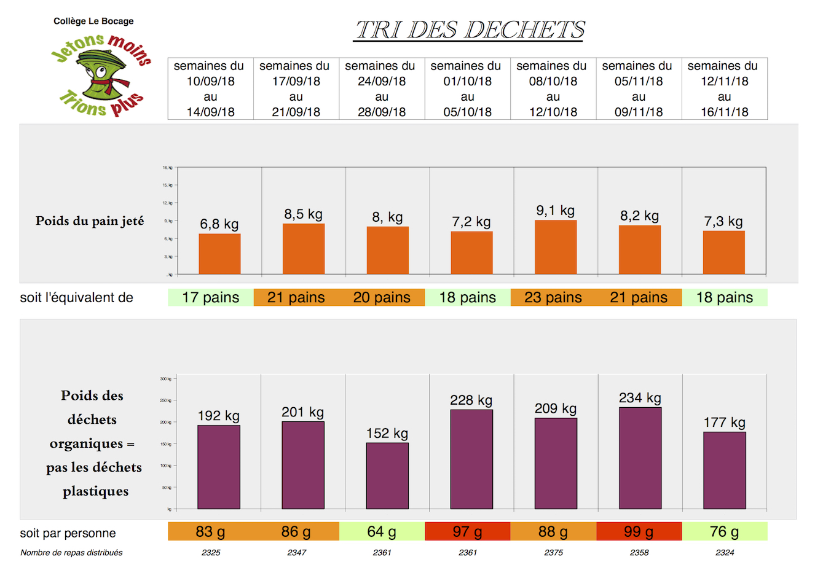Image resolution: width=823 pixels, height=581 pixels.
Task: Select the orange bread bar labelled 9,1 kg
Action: tap(556, 247)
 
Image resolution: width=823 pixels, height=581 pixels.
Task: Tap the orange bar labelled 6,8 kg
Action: tap(219, 254)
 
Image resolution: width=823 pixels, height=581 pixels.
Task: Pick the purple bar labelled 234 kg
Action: tap(640, 458)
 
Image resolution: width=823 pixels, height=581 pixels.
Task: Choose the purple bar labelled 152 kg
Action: tap(387, 476)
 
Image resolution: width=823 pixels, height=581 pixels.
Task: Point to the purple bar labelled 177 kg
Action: tap(724, 470)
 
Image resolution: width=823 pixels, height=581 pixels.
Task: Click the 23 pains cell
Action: tap(553, 298)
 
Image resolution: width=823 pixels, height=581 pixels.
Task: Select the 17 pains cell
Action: tap(211, 298)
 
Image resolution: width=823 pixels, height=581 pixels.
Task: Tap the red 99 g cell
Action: tap(639, 532)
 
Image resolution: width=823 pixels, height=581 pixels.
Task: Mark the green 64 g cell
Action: tap(382, 532)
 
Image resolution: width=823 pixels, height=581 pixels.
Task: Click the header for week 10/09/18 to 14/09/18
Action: tap(210, 89)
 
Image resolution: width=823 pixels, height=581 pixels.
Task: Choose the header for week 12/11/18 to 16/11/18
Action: tap(724, 89)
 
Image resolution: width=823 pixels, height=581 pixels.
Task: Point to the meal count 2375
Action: tap(553, 553)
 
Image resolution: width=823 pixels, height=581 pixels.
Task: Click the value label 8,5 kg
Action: tap(303, 214)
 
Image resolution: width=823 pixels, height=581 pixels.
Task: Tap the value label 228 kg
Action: tap(471, 400)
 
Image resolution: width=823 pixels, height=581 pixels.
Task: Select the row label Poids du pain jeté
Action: tap(90, 221)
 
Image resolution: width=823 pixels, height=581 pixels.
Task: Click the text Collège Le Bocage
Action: tap(93, 21)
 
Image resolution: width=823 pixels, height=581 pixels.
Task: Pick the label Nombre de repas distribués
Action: tap(71, 553)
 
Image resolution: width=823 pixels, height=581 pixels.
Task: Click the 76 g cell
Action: tap(725, 532)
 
